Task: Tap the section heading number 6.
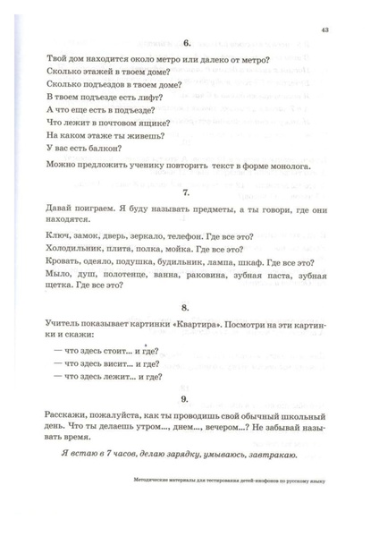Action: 189,42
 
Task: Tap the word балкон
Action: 102,149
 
